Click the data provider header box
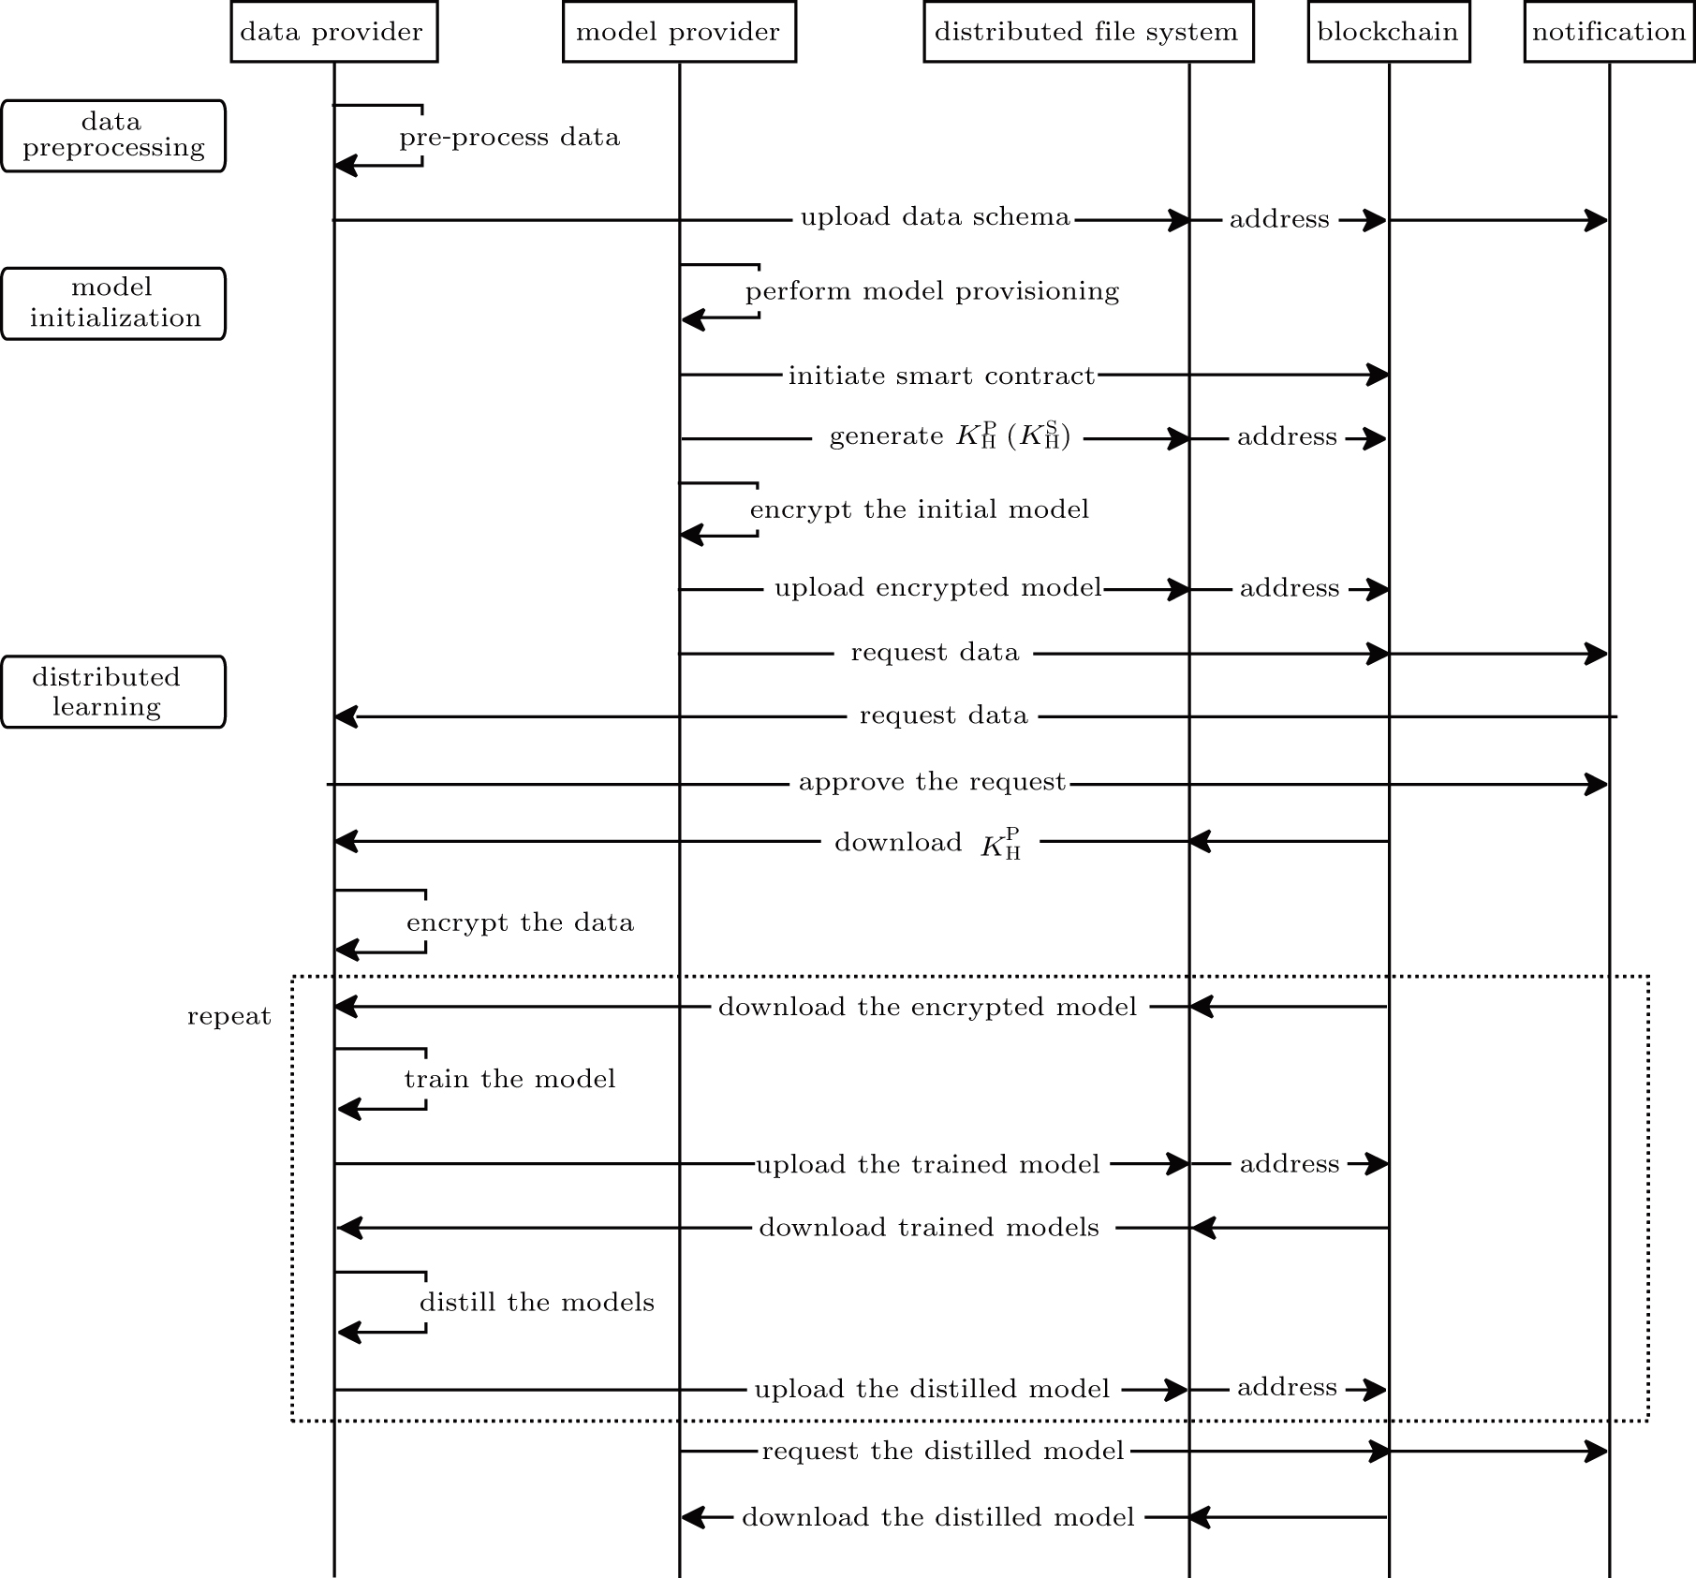click(334, 32)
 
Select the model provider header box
click(679, 32)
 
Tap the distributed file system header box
click(1088, 32)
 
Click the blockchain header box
click(1389, 32)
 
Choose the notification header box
click(1609, 32)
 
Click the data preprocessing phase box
click(113, 136)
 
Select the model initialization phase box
click(113, 303)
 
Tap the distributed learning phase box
click(113, 691)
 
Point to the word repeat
click(229, 1017)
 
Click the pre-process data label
click(509, 138)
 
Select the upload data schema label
click(935, 217)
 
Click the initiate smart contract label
click(941, 376)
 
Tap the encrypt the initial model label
click(920, 509)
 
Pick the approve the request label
click(932, 782)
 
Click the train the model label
click(509, 1079)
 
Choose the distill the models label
click(537, 1302)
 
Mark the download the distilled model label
click(938, 1516)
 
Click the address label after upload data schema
click(1279, 219)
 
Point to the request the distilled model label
click(943, 1451)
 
